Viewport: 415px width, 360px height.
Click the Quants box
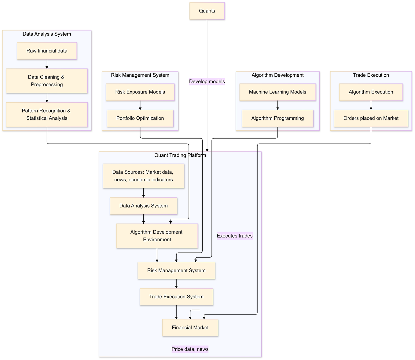coord(207,11)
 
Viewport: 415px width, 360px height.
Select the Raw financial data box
coord(47,51)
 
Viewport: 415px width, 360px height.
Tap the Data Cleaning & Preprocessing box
coord(47,81)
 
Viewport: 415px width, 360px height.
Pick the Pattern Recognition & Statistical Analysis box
coord(47,115)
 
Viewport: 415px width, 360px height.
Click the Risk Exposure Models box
coord(140,92)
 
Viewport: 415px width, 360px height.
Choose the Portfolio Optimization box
coord(140,118)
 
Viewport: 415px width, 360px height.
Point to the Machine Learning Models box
coord(277,92)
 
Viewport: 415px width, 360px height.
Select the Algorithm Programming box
coord(277,118)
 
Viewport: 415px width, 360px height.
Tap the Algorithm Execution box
coord(371,92)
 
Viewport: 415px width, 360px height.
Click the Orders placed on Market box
coord(371,118)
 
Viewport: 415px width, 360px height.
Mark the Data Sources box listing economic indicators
coord(143,176)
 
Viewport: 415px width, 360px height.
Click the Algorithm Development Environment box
coord(157,236)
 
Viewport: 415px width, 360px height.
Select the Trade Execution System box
coord(176,297)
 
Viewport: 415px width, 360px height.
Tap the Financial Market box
coord(190,328)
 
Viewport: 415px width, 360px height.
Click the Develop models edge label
coord(207,82)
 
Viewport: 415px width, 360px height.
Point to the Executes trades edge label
coord(234,236)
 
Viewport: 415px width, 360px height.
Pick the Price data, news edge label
coord(190,349)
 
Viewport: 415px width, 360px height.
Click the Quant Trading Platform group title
coord(180,155)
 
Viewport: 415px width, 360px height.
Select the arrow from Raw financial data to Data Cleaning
coord(47,64)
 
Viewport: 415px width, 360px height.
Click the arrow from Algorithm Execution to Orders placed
coord(371,105)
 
